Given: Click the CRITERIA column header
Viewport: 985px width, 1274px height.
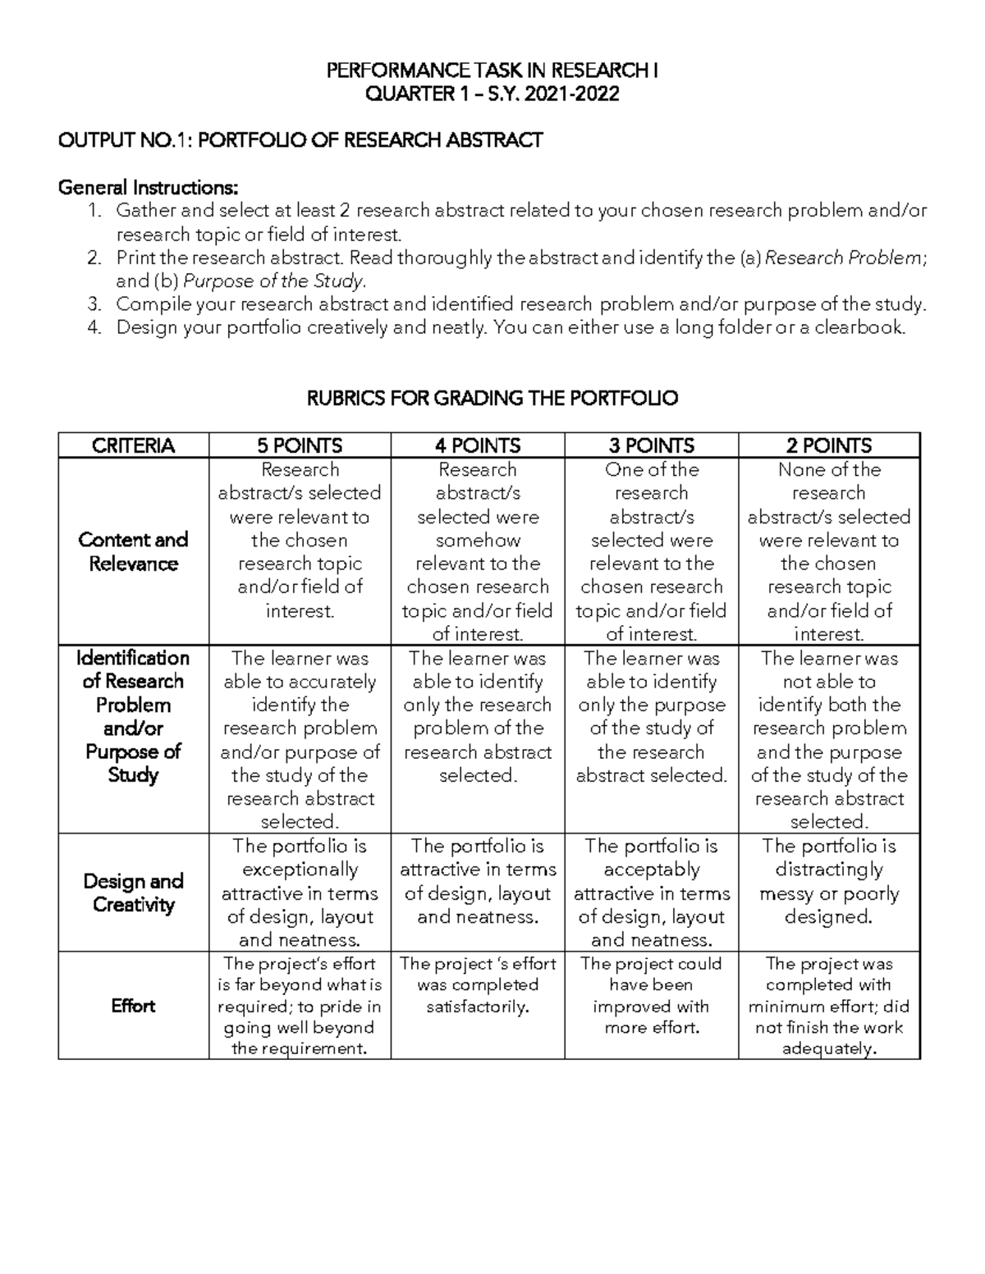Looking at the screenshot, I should coord(133,445).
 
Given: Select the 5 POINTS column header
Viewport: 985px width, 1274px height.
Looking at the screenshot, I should coord(300,445).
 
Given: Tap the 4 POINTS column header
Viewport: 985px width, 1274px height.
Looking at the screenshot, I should coord(478,445).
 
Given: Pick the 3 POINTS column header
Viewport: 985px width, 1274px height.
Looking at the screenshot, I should coord(651,445).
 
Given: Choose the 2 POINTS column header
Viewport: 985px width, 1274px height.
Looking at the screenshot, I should coord(828,445).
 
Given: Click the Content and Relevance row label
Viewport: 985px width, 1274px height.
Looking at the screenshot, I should coord(133,551).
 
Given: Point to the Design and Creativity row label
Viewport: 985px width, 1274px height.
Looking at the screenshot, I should coord(133,893).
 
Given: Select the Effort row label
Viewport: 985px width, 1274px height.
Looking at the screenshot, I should coord(133,1006).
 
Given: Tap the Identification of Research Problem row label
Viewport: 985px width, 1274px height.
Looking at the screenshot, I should coord(133,716).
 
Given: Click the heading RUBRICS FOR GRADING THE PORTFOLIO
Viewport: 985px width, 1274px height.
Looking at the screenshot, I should coord(492,399).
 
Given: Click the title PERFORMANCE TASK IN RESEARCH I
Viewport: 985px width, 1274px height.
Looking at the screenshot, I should coord(492,71).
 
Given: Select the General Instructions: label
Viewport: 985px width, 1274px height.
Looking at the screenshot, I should coord(148,187).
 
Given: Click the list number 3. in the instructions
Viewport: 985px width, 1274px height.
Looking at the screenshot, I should coord(94,304).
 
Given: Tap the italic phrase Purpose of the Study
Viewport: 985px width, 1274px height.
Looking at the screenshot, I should coord(273,281).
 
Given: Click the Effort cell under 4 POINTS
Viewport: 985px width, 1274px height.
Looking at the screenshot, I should coord(478,985).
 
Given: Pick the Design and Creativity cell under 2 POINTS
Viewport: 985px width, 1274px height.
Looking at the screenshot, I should coord(828,881).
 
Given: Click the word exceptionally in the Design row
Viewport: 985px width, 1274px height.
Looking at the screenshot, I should coord(300,870).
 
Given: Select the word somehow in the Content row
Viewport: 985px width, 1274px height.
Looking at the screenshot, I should coord(478,541).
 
